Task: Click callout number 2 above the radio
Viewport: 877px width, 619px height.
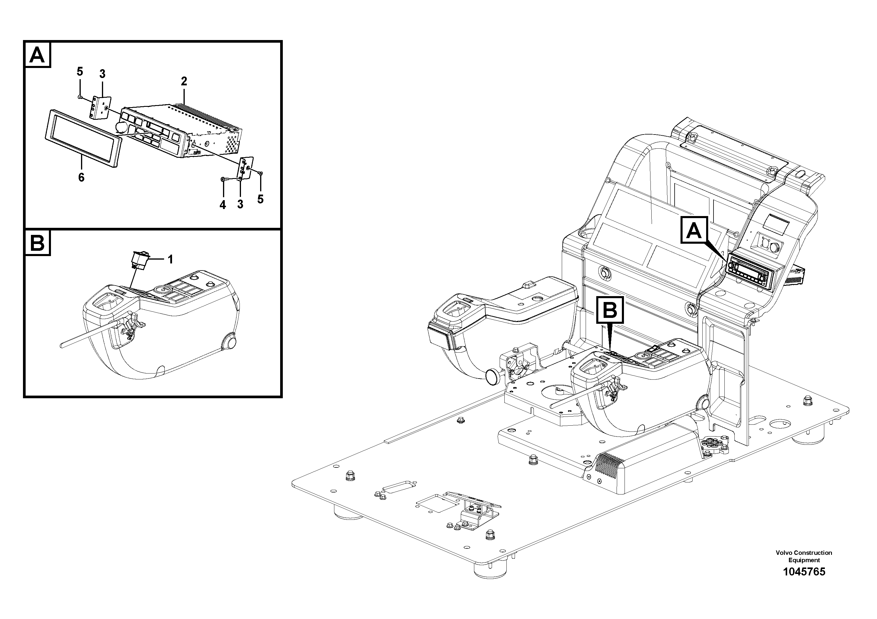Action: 184,81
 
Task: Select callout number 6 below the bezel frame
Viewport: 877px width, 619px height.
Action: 81,177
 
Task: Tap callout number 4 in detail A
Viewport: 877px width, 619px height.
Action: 223,205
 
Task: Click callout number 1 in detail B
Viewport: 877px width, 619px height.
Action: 170,260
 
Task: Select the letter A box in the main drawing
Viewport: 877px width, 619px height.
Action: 694,230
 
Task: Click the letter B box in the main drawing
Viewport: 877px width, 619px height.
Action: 610,310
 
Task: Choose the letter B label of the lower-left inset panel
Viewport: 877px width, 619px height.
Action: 37,243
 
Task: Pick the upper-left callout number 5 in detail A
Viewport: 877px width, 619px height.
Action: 80,71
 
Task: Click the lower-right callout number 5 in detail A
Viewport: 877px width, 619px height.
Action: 260,199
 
